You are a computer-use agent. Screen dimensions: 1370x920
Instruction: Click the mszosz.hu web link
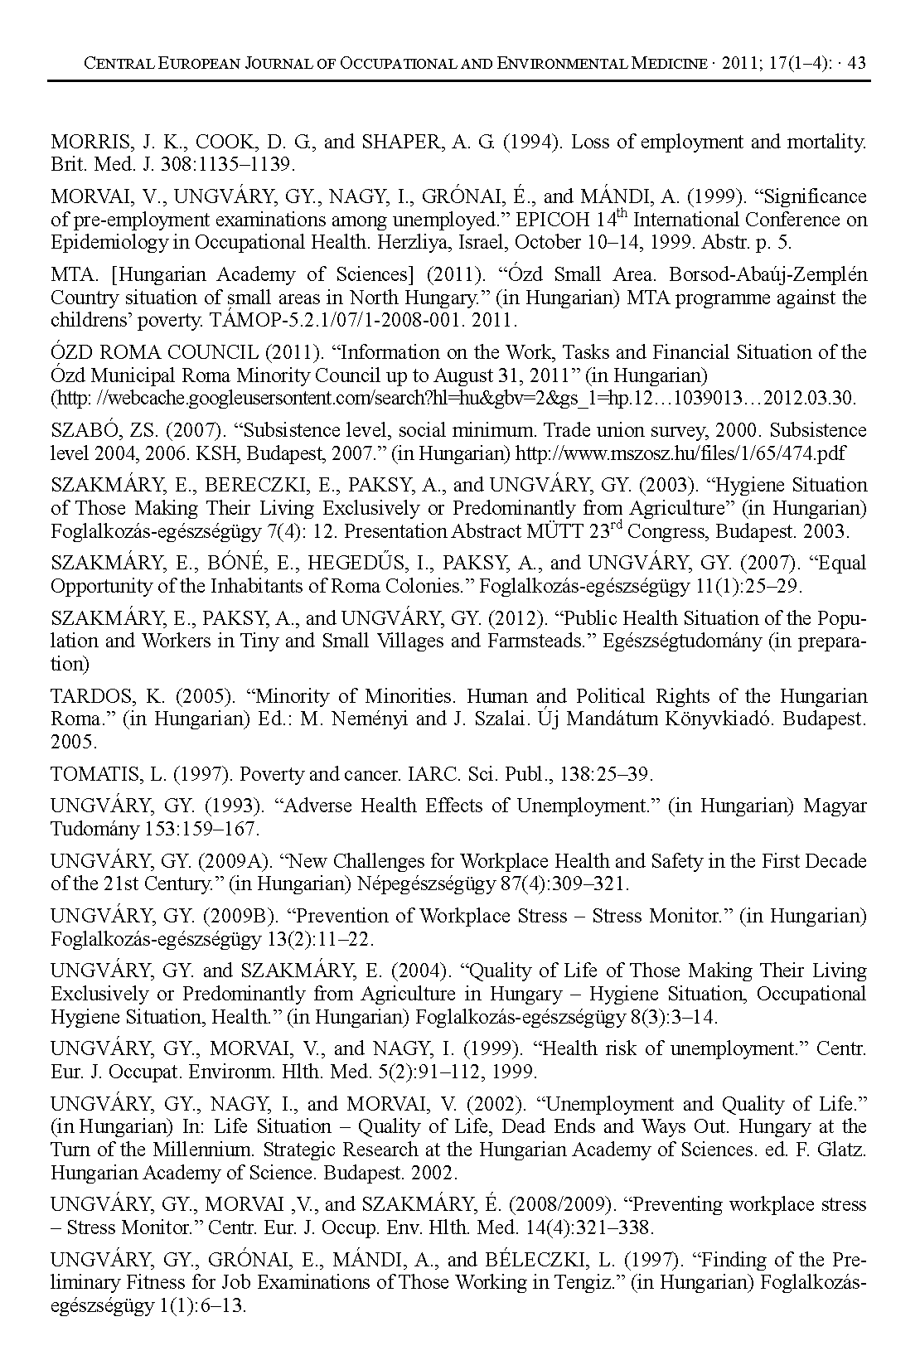click(680, 453)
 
